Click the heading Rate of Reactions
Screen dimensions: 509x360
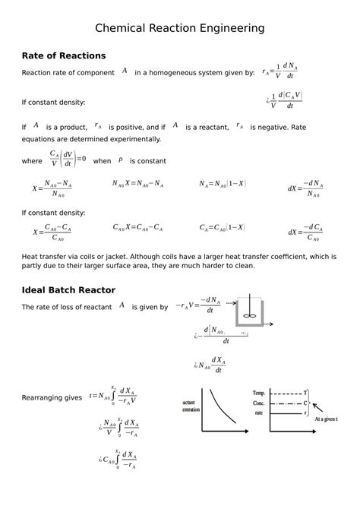[64, 55]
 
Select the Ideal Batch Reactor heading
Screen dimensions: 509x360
[68, 289]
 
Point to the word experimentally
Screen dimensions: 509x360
[131, 139]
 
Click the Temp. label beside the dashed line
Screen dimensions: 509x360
[259, 393]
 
